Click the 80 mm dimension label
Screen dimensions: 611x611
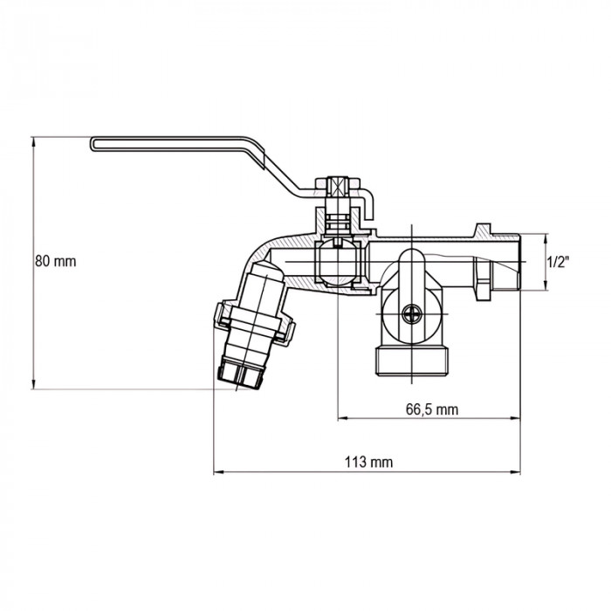pyautogui.click(x=56, y=261)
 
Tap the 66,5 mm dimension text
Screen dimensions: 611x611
pyautogui.click(x=432, y=409)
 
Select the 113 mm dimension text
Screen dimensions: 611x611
pyautogui.click(x=368, y=462)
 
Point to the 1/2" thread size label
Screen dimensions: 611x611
pyautogui.click(x=558, y=262)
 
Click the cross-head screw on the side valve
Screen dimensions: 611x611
pyautogui.click(x=412, y=314)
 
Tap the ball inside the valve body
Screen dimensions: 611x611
pyautogui.click(x=340, y=262)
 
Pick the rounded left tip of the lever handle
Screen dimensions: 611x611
pyautogui.click(x=93, y=143)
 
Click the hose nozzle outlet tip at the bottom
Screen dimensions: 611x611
pyautogui.click(x=239, y=375)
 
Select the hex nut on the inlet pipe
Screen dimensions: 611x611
pyautogui.click(x=483, y=278)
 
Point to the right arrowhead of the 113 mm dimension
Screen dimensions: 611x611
pyautogui.click(x=516, y=472)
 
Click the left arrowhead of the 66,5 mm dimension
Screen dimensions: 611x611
pyautogui.click(x=342, y=418)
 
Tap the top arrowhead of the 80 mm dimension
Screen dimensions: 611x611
pyautogui.click(x=33, y=141)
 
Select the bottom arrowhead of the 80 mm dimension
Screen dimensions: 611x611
pyautogui.click(x=33, y=384)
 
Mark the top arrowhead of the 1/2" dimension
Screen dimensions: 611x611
pyautogui.click(x=546, y=238)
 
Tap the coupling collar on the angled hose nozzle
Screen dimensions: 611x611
pyautogui.click(x=254, y=321)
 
